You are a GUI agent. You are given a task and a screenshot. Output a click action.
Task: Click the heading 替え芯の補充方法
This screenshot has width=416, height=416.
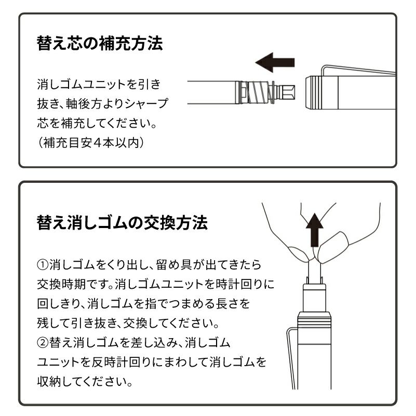100,43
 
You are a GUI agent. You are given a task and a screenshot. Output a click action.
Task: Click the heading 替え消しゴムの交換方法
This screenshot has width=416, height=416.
122,222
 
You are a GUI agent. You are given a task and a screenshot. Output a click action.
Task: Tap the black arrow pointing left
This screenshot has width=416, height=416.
275,62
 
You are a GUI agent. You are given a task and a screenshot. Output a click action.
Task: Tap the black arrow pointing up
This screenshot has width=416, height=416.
315,230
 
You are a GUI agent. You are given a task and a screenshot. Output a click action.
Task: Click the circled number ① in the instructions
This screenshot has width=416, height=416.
43,264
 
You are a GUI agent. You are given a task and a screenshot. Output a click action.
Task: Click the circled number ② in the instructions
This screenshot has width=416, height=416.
43,342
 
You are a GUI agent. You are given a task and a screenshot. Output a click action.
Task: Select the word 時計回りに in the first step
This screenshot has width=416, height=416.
245,284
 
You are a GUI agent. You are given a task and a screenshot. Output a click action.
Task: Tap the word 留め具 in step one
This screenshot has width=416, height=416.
174,264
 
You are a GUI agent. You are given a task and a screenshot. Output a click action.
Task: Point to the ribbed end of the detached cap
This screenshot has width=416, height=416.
314,92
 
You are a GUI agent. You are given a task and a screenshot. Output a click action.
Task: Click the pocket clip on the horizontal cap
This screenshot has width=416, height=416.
358,70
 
